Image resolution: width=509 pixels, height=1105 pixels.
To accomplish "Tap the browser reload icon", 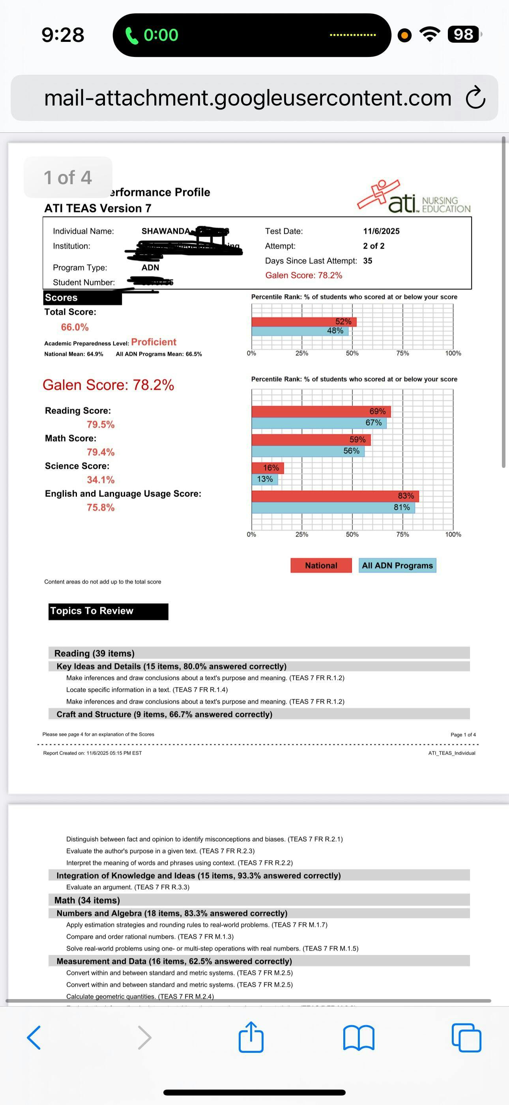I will point(475,98).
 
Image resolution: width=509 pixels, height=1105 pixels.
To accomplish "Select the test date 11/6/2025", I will point(381,231).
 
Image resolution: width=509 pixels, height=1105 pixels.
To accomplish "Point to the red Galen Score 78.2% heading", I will point(109,385).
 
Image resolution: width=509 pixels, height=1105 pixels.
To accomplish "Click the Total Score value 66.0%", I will point(75,327).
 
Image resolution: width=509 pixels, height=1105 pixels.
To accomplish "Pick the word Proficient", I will point(153,342).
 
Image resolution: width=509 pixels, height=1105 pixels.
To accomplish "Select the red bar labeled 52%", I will point(304,322).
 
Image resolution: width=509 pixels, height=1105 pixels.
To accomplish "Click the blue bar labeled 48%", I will point(300,331).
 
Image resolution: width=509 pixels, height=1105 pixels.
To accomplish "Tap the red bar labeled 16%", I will point(268,468).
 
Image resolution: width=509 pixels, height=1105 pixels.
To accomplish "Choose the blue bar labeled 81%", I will point(333,507).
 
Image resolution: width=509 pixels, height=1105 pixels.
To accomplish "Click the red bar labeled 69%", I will point(321,411).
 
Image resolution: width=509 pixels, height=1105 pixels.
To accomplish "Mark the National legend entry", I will point(321,566).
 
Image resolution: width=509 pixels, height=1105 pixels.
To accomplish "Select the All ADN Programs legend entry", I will point(397,566).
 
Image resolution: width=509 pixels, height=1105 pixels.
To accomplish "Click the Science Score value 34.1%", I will point(101,479).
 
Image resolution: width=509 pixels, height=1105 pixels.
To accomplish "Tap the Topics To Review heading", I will point(108,611).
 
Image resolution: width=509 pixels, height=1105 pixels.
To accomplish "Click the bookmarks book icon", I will point(359,1038).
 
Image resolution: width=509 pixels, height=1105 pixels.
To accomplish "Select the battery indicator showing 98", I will point(463,34).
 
